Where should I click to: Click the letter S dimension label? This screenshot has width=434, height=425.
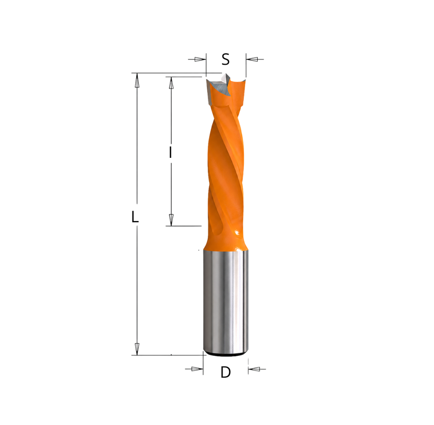pyautogui.click(x=226, y=59)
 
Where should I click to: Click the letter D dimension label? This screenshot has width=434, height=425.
pyautogui.click(x=226, y=372)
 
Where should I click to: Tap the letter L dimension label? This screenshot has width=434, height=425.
pyautogui.click(x=135, y=216)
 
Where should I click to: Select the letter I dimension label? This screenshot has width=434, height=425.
pyautogui.click(x=171, y=152)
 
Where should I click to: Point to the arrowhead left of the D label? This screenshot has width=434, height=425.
pyautogui.click(x=197, y=369)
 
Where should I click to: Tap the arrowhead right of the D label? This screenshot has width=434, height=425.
pyautogui.click(x=254, y=369)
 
